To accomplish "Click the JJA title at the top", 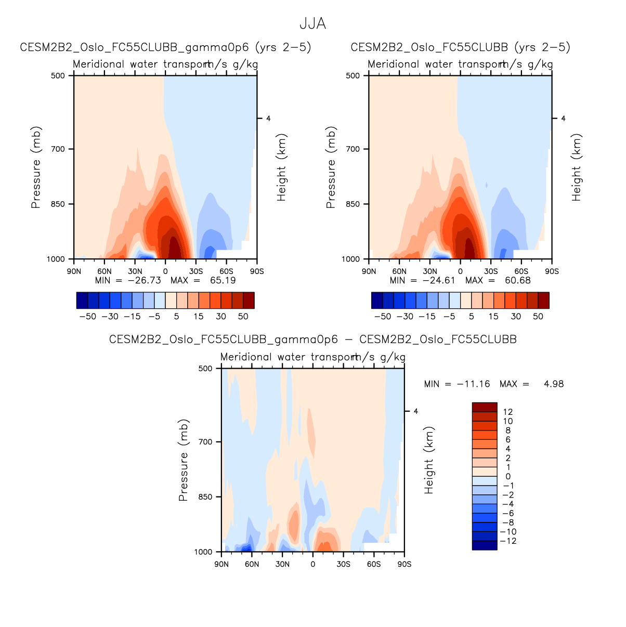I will [312, 24].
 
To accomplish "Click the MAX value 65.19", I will [223, 280].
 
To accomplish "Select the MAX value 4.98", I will [553, 384].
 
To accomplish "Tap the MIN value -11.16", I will [473, 384].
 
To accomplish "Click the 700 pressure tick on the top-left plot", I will [58, 149].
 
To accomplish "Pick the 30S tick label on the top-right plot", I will [491, 271].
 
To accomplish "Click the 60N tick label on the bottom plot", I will [252, 564].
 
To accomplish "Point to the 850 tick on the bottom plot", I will [206, 497].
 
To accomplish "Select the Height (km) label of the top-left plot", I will [282, 167].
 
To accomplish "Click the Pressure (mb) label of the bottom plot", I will [183, 460].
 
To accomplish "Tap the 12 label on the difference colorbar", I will [508, 412].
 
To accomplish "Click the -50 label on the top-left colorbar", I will [87, 316].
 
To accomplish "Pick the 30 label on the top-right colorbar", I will [516, 316].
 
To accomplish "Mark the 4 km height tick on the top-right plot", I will [563, 119].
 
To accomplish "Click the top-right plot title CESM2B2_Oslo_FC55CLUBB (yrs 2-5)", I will [460, 47].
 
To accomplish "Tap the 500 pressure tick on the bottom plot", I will [206, 369].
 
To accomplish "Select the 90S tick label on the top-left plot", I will [257, 271].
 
